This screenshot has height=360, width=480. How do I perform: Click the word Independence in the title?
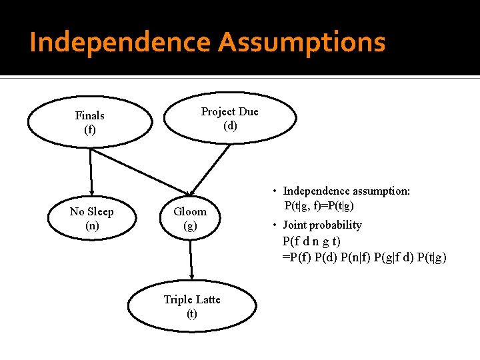120,43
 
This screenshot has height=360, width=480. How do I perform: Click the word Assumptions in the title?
301,43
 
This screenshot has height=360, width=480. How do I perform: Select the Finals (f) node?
90,123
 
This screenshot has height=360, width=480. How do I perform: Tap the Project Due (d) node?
229,118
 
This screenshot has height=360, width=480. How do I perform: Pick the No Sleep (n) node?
91,219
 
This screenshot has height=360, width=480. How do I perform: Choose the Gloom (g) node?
190,219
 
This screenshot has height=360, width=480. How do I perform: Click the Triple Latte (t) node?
192,307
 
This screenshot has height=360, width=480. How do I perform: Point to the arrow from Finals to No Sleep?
91,170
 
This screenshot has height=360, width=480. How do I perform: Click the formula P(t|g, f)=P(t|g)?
319,206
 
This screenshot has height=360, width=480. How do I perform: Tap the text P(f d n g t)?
311,241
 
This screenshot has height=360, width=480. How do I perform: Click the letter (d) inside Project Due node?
230,125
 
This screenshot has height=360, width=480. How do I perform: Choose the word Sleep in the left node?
100,211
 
